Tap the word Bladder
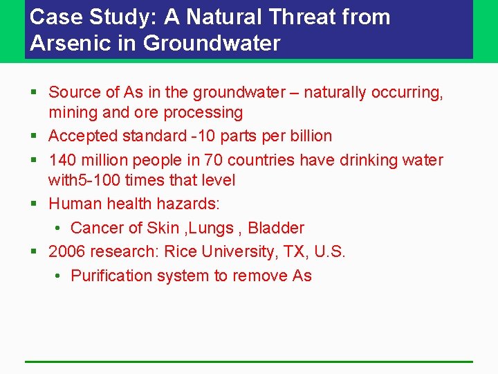pos(276,228)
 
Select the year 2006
pos(67,251)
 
